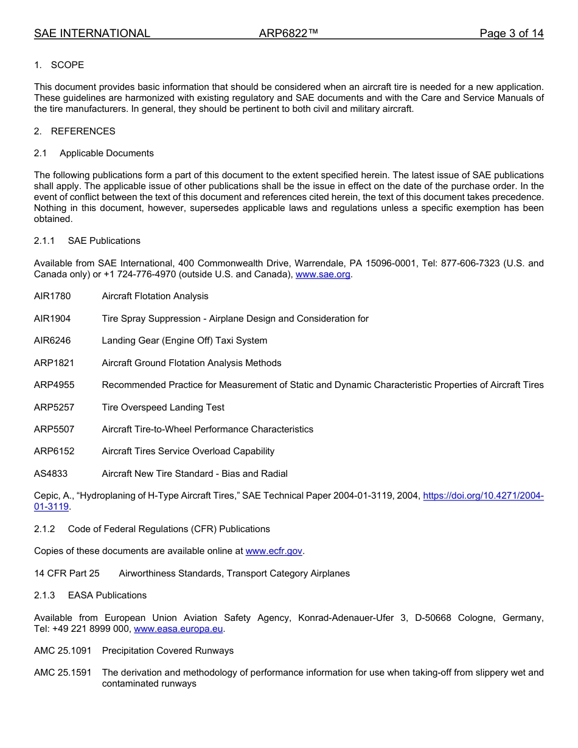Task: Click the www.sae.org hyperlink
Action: [x=322, y=274]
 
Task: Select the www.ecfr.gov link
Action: [x=274, y=551]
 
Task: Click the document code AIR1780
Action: [x=52, y=296]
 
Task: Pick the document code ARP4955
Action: [x=54, y=385]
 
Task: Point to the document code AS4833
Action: [x=51, y=474]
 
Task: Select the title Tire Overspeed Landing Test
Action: [x=163, y=407]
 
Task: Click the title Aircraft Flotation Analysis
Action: [x=155, y=296]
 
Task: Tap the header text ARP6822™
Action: [x=288, y=33]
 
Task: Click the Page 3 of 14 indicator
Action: [x=511, y=33]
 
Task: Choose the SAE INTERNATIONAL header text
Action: [x=92, y=33]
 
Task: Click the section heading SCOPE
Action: [x=68, y=65]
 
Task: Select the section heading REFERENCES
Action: [x=83, y=131]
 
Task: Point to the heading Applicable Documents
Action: [x=106, y=153]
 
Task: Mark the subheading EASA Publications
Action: [x=107, y=595]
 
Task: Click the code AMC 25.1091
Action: [x=63, y=651]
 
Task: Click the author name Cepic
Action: [x=46, y=496]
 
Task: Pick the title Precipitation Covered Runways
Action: [x=168, y=651]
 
